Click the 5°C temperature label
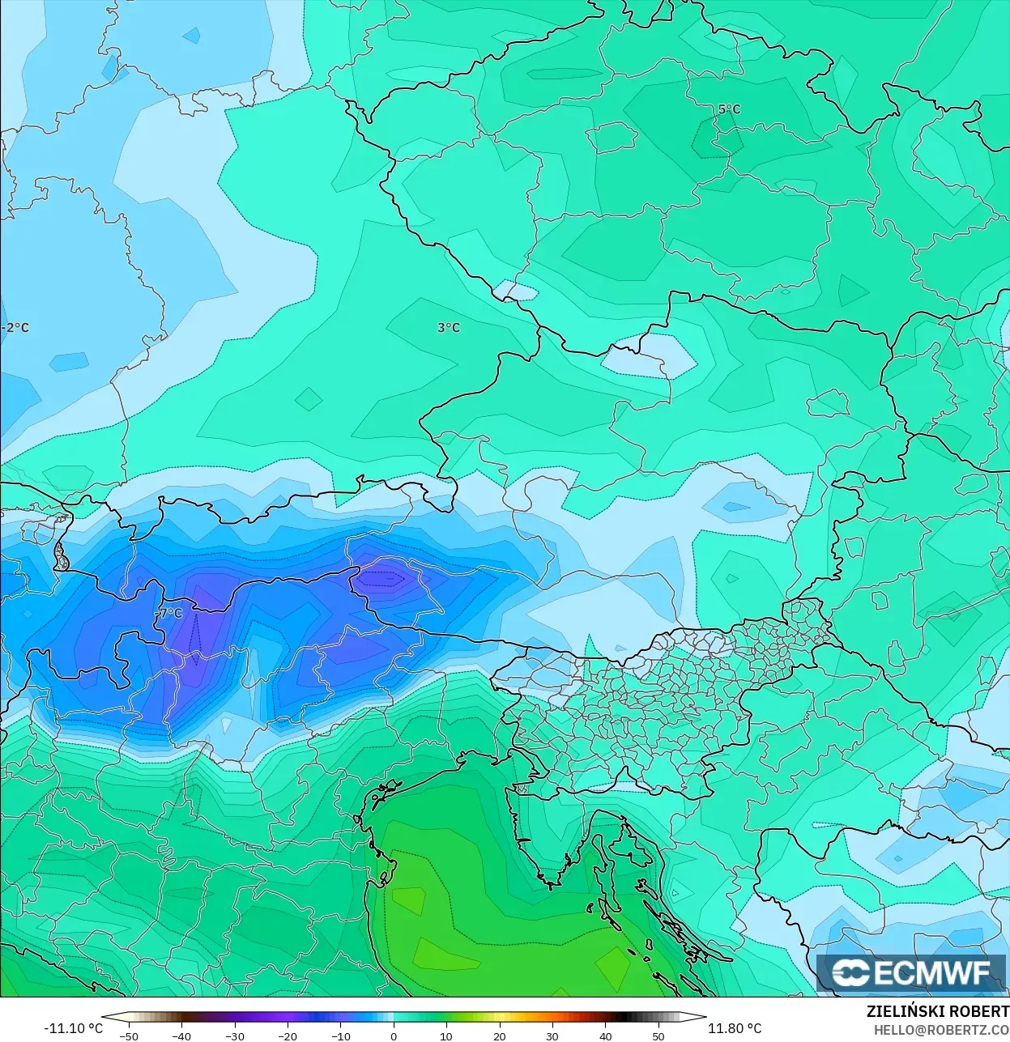click(x=729, y=109)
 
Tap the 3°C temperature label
click(x=448, y=327)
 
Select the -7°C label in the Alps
click(x=168, y=614)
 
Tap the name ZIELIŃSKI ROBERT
click(x=937, y=1011)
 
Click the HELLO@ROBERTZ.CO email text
click(x=940, y=1030)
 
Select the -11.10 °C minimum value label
click(x=73, y=1028)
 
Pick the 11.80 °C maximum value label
click(x=735, y=1028)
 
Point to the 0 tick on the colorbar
click(x=394, y=1036)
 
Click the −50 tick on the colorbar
click(x=128, y=1036)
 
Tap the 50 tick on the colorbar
click(x=658, y=1036)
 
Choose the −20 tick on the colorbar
click(x=287, y=1036)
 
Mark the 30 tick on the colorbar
click(x=552, y=1036)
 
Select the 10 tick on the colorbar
click(x=446, y=1036)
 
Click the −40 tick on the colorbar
click(x=181, y=1036)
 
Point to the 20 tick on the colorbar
click(x=499, y=1036)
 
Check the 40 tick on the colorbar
click(x=605, y=1036)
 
